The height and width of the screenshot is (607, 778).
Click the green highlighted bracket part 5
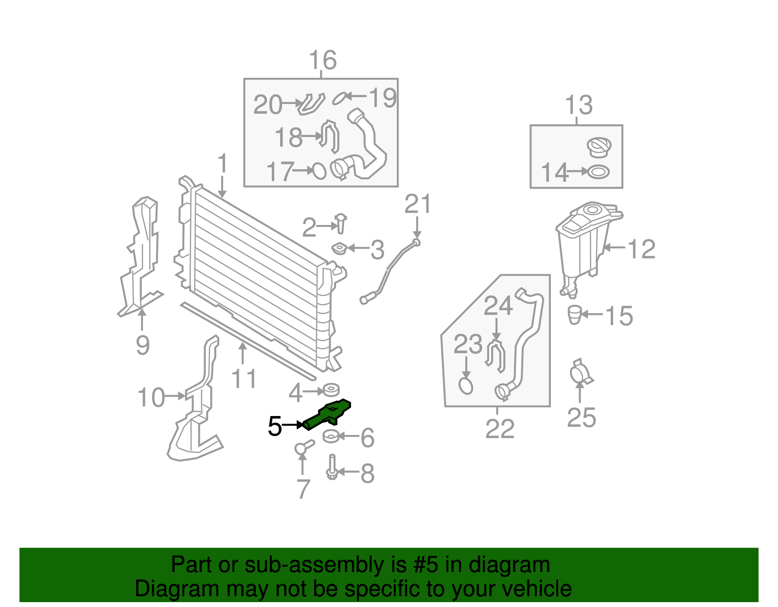pyautogui.click(x=327, y=415)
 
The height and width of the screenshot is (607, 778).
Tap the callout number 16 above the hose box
pyautogui.click(x=322, y=61)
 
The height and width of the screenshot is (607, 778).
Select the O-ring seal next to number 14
pyautogui.click(x=598, y=172)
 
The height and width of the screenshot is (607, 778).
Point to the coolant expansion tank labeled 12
pyautogui.click(x=583, y=243)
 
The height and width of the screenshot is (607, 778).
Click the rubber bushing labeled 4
pyautogui.click(x=331, y=390)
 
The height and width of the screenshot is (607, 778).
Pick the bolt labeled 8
pyautogui.click(x=332, y=467)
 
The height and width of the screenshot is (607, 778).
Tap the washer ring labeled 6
pyautogui.click(x=331, y=436)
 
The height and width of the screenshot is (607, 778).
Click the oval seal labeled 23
pyautogui.click(x=465, y=386)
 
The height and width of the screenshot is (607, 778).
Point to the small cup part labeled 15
pyautogui.click(x=575, y=314)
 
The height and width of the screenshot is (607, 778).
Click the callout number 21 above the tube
pyautogui.click(x=418, y=204)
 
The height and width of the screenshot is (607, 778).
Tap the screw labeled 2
pyautogui.click(x=341, y=224)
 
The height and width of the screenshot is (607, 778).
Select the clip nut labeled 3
pyautogui.click(x=338, y=249)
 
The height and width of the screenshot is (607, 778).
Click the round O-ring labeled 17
pyautogui.click(x=319, y=171)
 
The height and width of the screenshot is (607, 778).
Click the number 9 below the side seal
pyautogui.click(x=142, y=345)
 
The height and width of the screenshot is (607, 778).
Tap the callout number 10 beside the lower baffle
pyautogui.click(x=151, y=398)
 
